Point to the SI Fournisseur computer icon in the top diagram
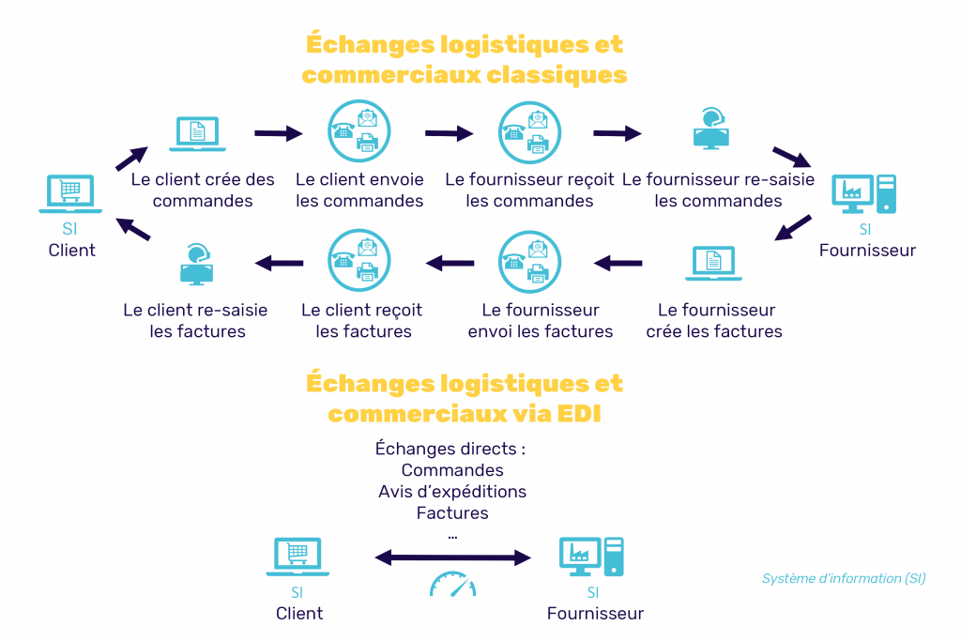point(864,194)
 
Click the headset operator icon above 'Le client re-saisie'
point(197,264)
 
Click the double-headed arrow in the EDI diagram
point(452,558)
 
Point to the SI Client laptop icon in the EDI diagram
point(297,557)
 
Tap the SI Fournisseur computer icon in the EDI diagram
point(590,557)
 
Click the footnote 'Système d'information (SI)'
point(844,579)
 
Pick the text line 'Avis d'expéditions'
point(452,492)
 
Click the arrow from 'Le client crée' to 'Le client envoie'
point(279,134)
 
